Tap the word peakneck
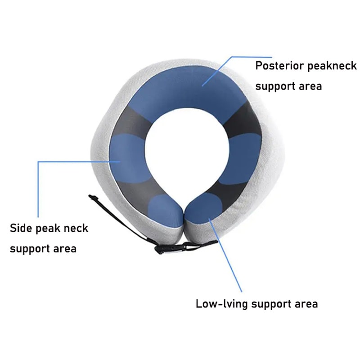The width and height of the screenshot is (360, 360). click(333, 66)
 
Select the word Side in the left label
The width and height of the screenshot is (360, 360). click(21, 228)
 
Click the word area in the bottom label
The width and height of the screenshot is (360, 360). click(304, 304)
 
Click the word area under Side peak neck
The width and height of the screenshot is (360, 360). click(65, 248)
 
